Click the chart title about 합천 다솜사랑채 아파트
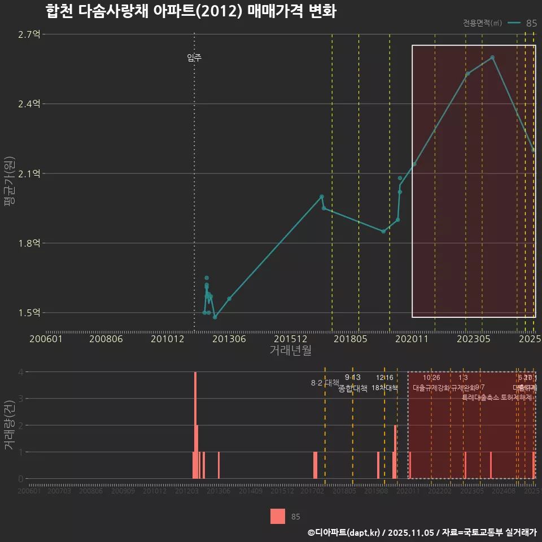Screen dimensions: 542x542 coord(191,12)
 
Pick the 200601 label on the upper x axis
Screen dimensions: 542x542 coord(46,339)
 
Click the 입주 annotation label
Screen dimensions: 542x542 coord(194,58)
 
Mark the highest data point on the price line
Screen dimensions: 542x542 coord(492,58)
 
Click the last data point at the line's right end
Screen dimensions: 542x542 coord(534,150)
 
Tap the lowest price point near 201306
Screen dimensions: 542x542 coord(215,317)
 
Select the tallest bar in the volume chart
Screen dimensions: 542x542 coord(195,425)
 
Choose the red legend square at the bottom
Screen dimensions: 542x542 coord(278,516)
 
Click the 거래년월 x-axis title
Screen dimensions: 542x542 coord(290,351)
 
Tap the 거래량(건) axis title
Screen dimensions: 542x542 coord(10,425)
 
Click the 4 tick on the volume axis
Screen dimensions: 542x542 coord(21,372)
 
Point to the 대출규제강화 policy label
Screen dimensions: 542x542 coord(431,388)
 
